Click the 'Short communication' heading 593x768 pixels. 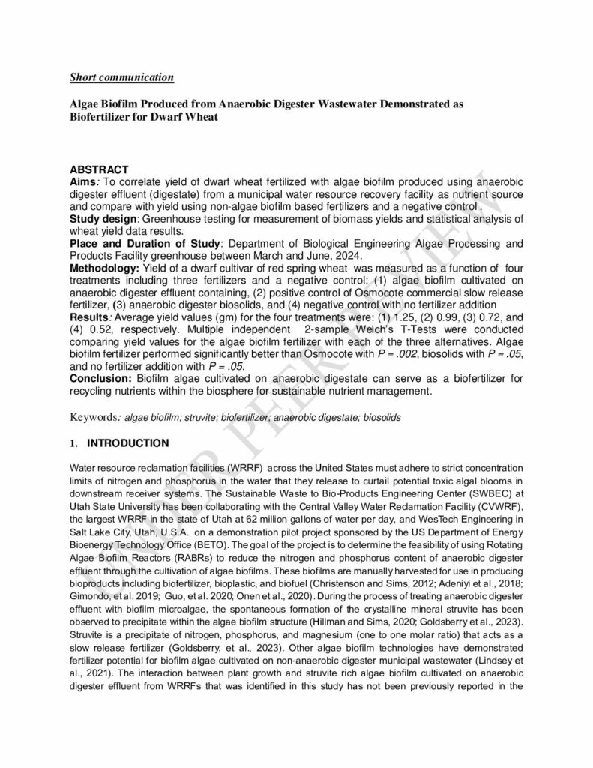[122, 76]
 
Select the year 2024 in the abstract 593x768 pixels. [352, 255]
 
